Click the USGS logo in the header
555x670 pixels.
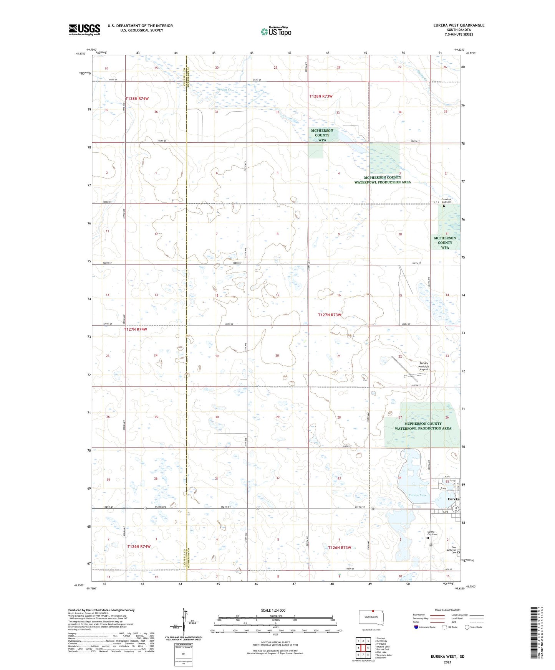click(84, 30)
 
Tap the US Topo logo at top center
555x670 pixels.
click(276, 31)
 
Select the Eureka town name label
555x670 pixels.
click(453, 499)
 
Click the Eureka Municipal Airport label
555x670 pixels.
click(423, 366)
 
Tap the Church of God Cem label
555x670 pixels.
click(446, 201)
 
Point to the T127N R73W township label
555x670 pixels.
click(330, 315)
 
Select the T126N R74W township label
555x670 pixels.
click(139, 546)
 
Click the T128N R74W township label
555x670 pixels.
click(137, 99)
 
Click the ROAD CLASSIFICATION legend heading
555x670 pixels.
click(447, 610)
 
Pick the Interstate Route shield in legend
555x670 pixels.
click(416, 627)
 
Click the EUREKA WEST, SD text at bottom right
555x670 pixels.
click(447, 656)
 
